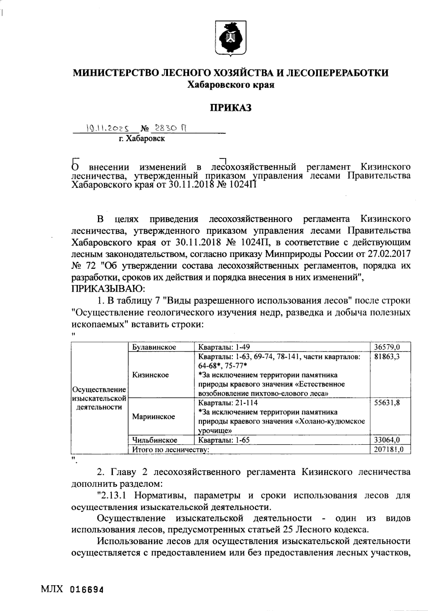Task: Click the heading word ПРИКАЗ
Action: click(230, 107)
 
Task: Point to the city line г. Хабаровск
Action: click(142, 139)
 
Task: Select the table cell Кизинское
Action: click(151, 375)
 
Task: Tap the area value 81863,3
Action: click(387, 357)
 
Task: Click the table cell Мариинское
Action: click(153, 417)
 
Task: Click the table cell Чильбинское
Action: click(155, 440)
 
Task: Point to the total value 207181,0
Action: click(388, 450)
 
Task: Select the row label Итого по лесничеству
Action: click(170, 450)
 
